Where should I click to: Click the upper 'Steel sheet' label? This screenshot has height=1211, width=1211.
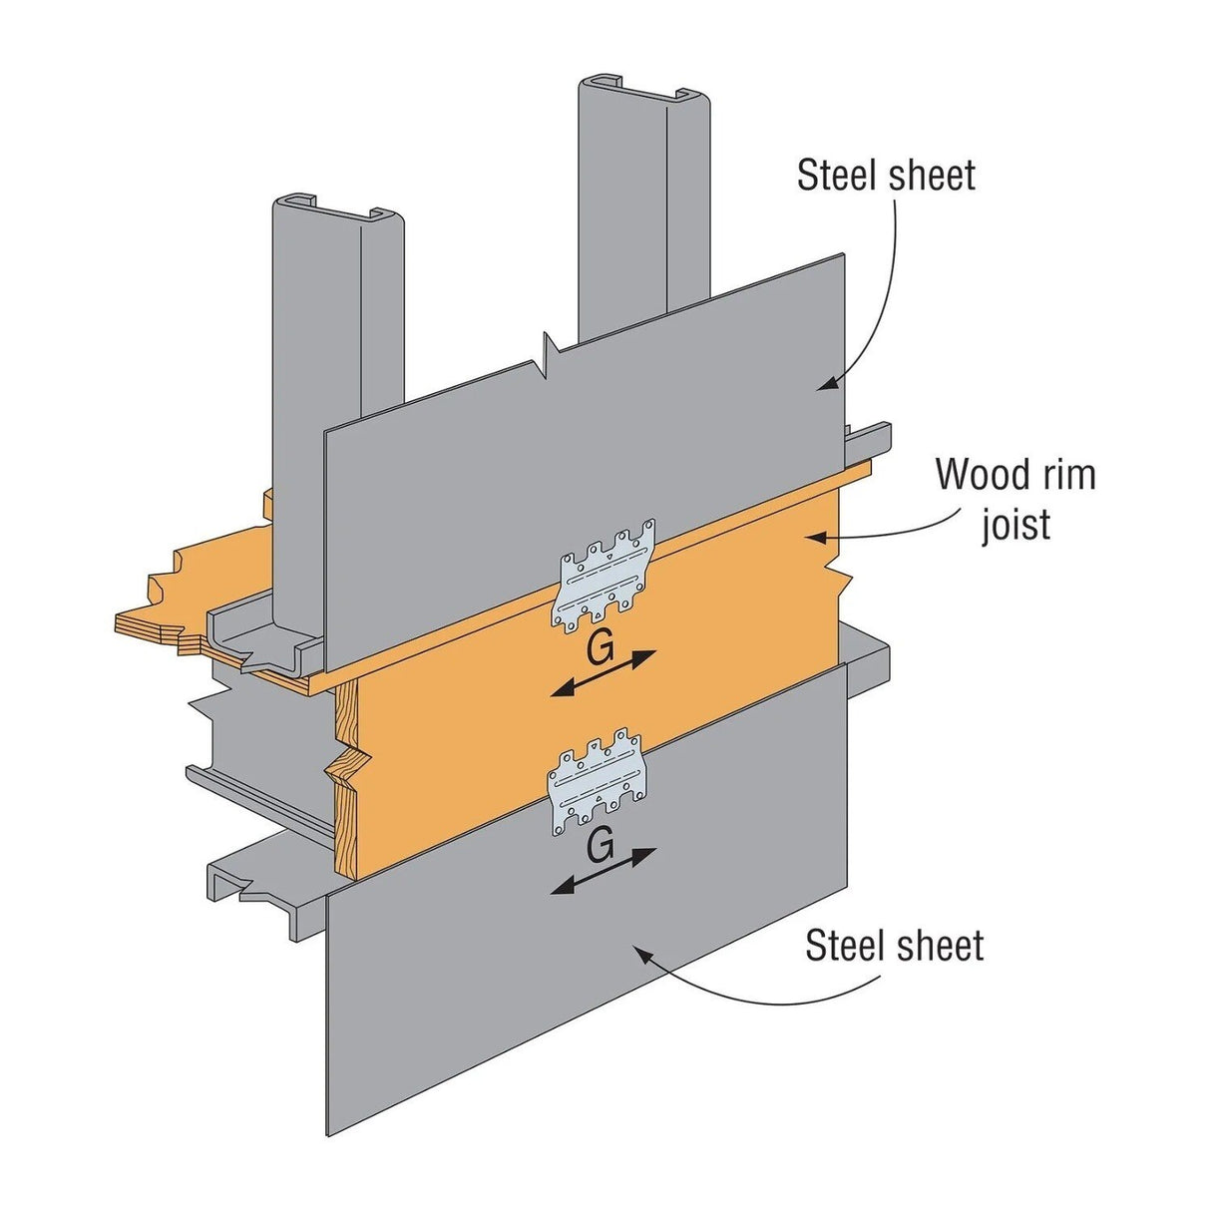tap(886, 176)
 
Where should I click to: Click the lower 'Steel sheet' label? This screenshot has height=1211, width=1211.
tap(894, 946)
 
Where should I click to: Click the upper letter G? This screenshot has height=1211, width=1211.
tap(600, 649)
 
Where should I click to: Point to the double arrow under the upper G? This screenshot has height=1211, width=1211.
tap(605, 674)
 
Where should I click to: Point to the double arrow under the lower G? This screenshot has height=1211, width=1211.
tap(605, 871)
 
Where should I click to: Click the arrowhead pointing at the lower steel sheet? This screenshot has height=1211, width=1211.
tap(641, 953)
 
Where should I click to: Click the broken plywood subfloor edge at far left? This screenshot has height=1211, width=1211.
tap(160, 608)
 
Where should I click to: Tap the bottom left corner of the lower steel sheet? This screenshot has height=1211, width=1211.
tap(328, 1132)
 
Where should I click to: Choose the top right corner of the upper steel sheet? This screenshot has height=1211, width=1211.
tap(843, 257)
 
